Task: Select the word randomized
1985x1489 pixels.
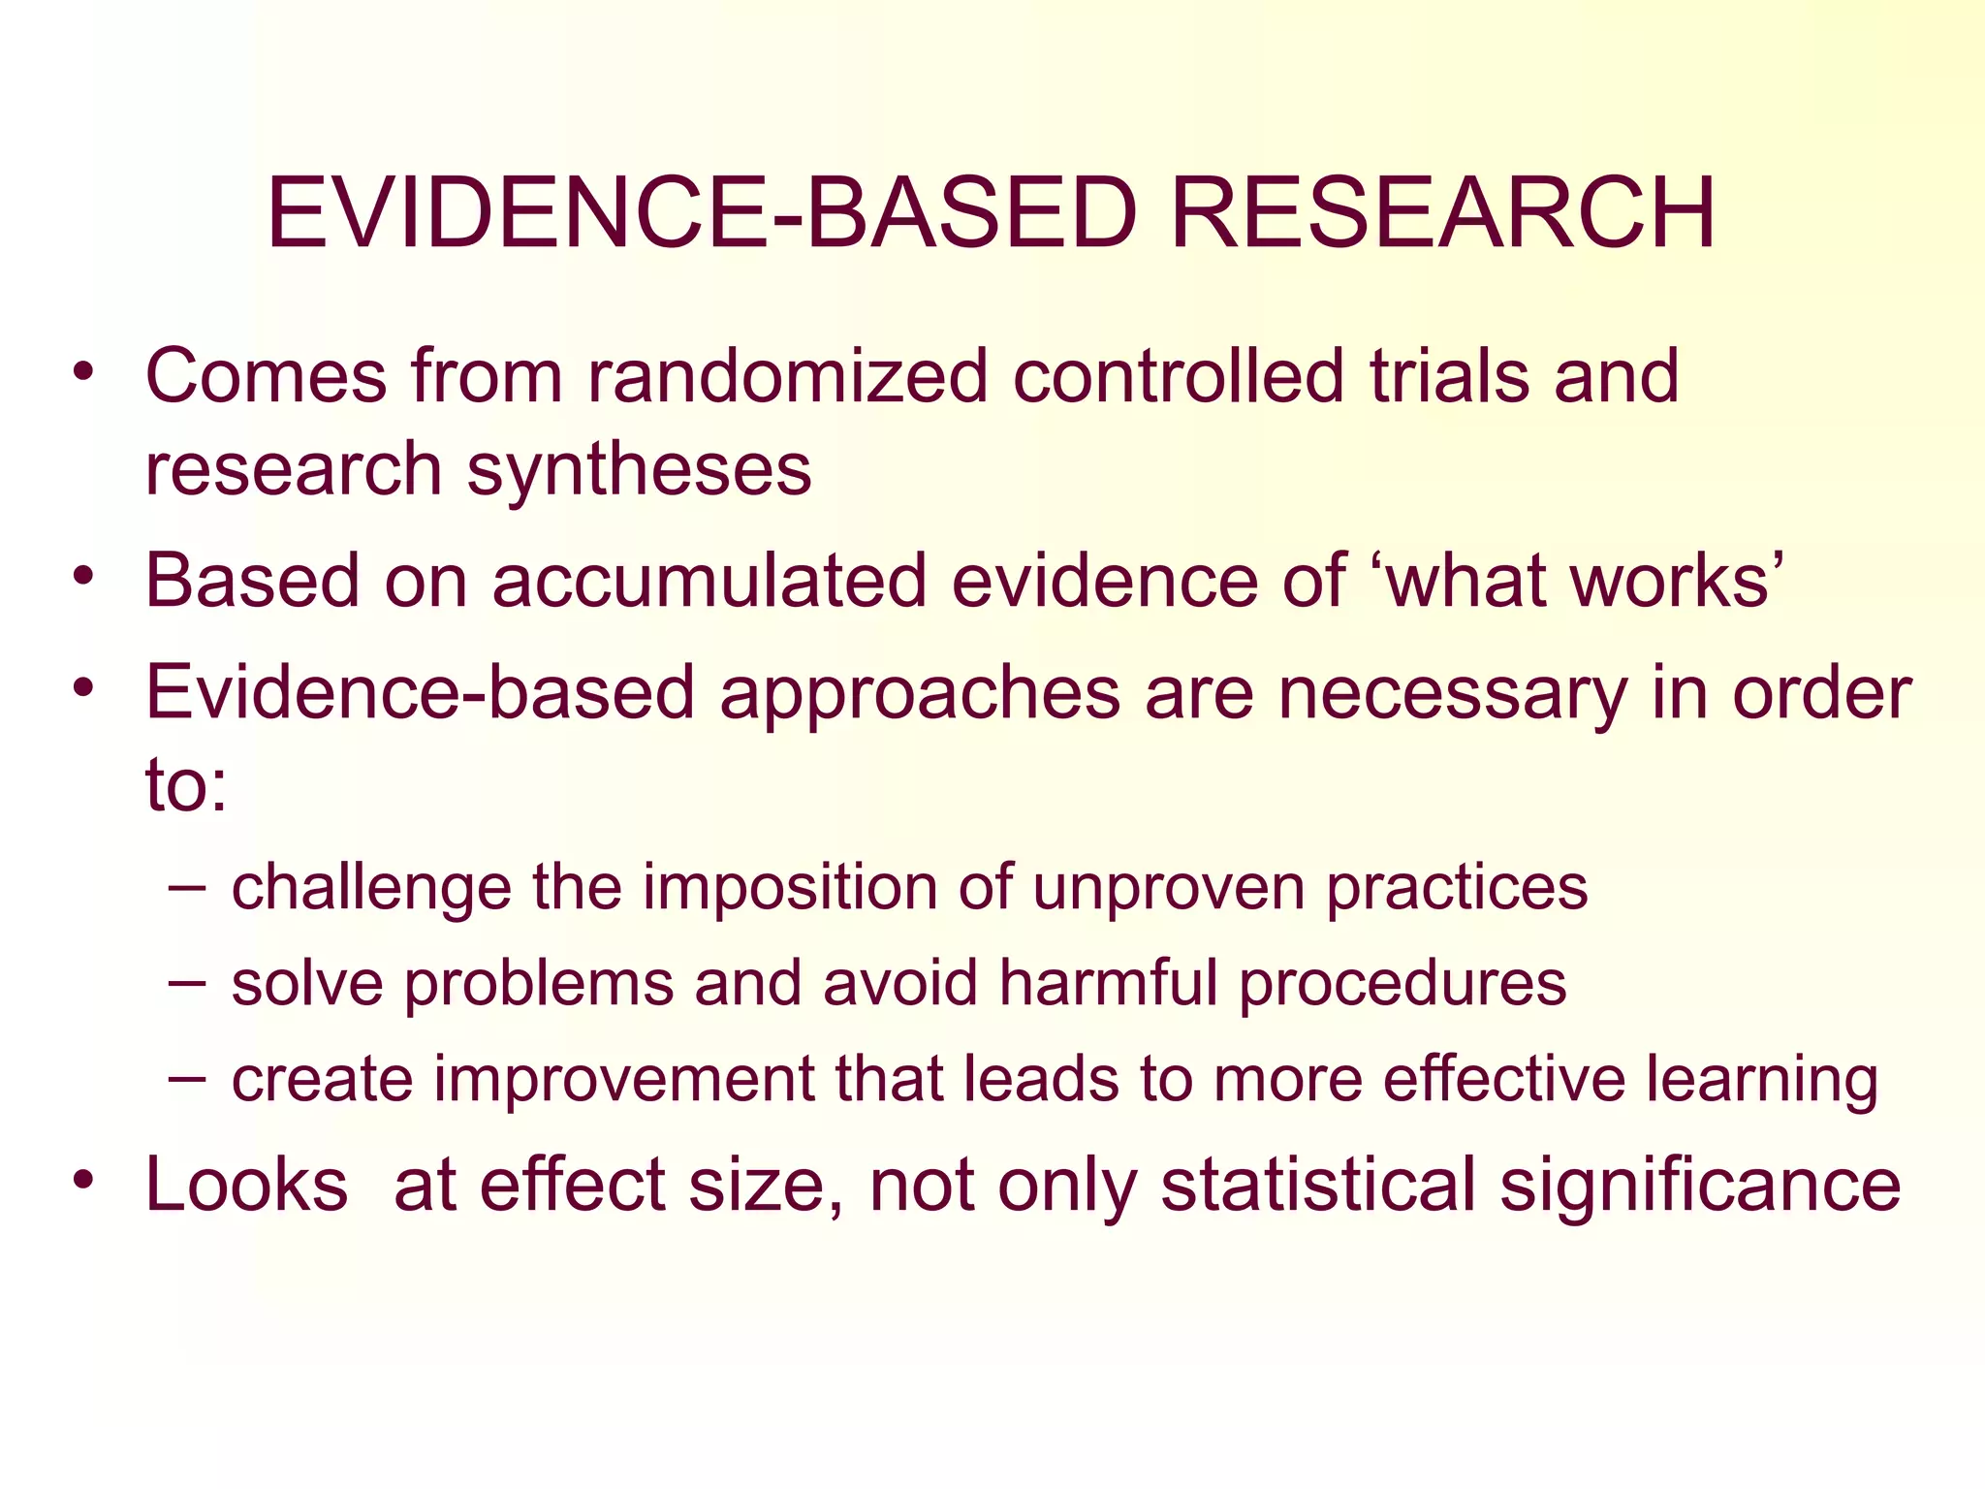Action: click(x=788, y=376)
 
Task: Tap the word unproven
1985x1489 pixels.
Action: click(x=1168, y=888)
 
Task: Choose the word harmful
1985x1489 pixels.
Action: click(x=1108, y=982)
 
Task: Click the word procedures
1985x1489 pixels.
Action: click(x=1402, y=984)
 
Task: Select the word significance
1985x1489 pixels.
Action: click(x=1700, y=1187)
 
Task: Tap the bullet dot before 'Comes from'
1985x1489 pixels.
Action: click(x=84, y=371)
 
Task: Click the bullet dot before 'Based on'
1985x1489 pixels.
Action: click(x=84, y=576)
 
